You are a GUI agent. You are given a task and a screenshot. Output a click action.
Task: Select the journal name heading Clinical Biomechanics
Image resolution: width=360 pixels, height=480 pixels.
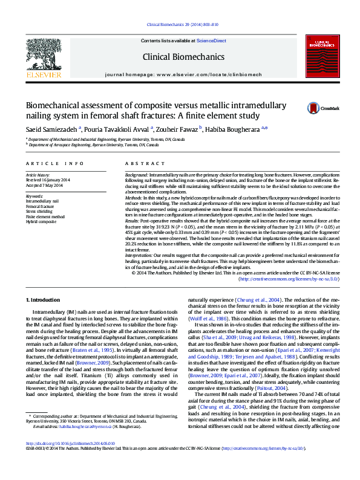click(180, 57)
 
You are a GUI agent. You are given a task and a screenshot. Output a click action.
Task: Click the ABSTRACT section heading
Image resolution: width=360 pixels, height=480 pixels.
click(137, 164)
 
